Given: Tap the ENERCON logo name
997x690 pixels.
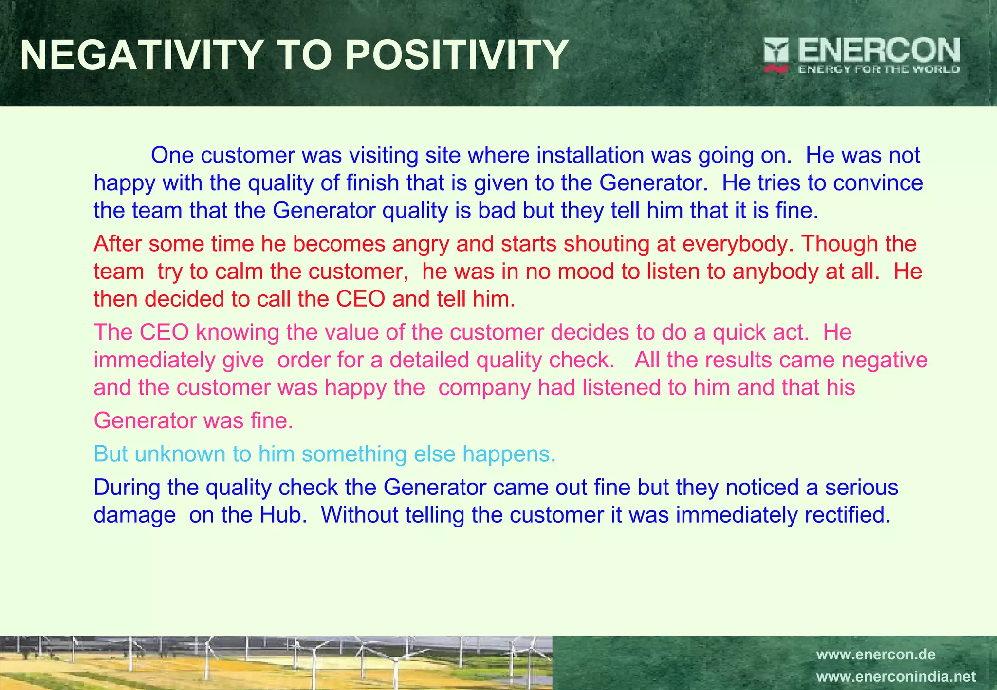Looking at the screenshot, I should point(879,50).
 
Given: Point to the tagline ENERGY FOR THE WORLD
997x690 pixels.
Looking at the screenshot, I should point(879,69).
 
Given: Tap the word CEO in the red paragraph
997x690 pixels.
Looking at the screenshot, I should point(361,299).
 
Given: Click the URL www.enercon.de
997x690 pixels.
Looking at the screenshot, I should point(875,654).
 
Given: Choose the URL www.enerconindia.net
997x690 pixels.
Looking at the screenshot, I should point(895,677).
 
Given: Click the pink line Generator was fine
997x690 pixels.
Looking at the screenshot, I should point(193,421).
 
